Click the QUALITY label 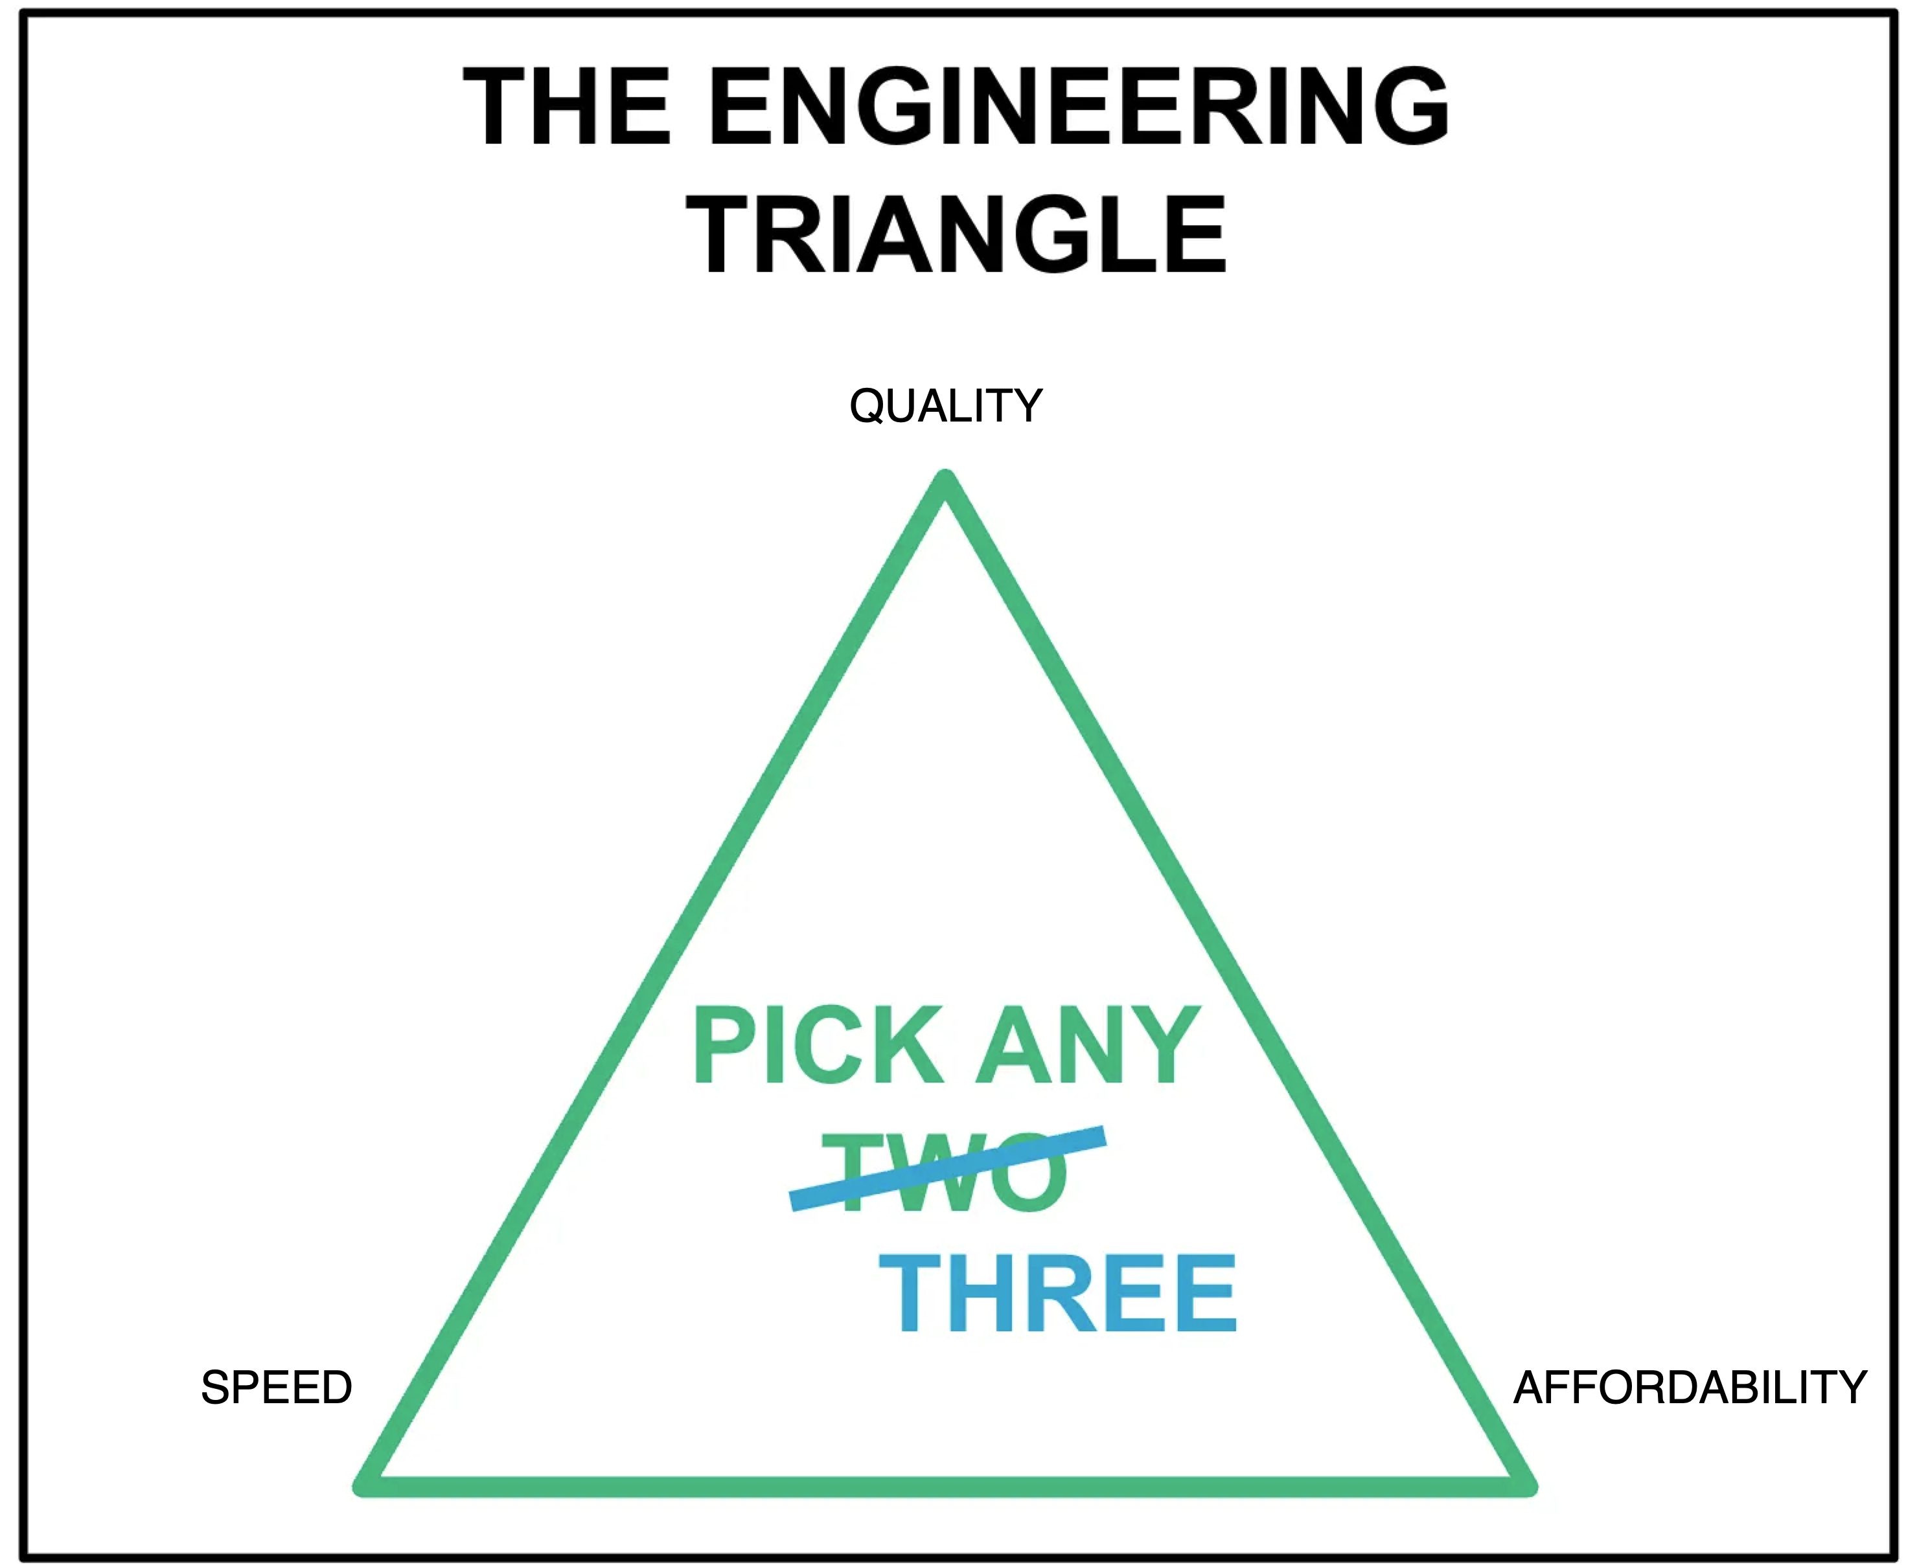(x=945, y=406)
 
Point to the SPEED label (x=276, y=1388)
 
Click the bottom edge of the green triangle (x=945, y=1487)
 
